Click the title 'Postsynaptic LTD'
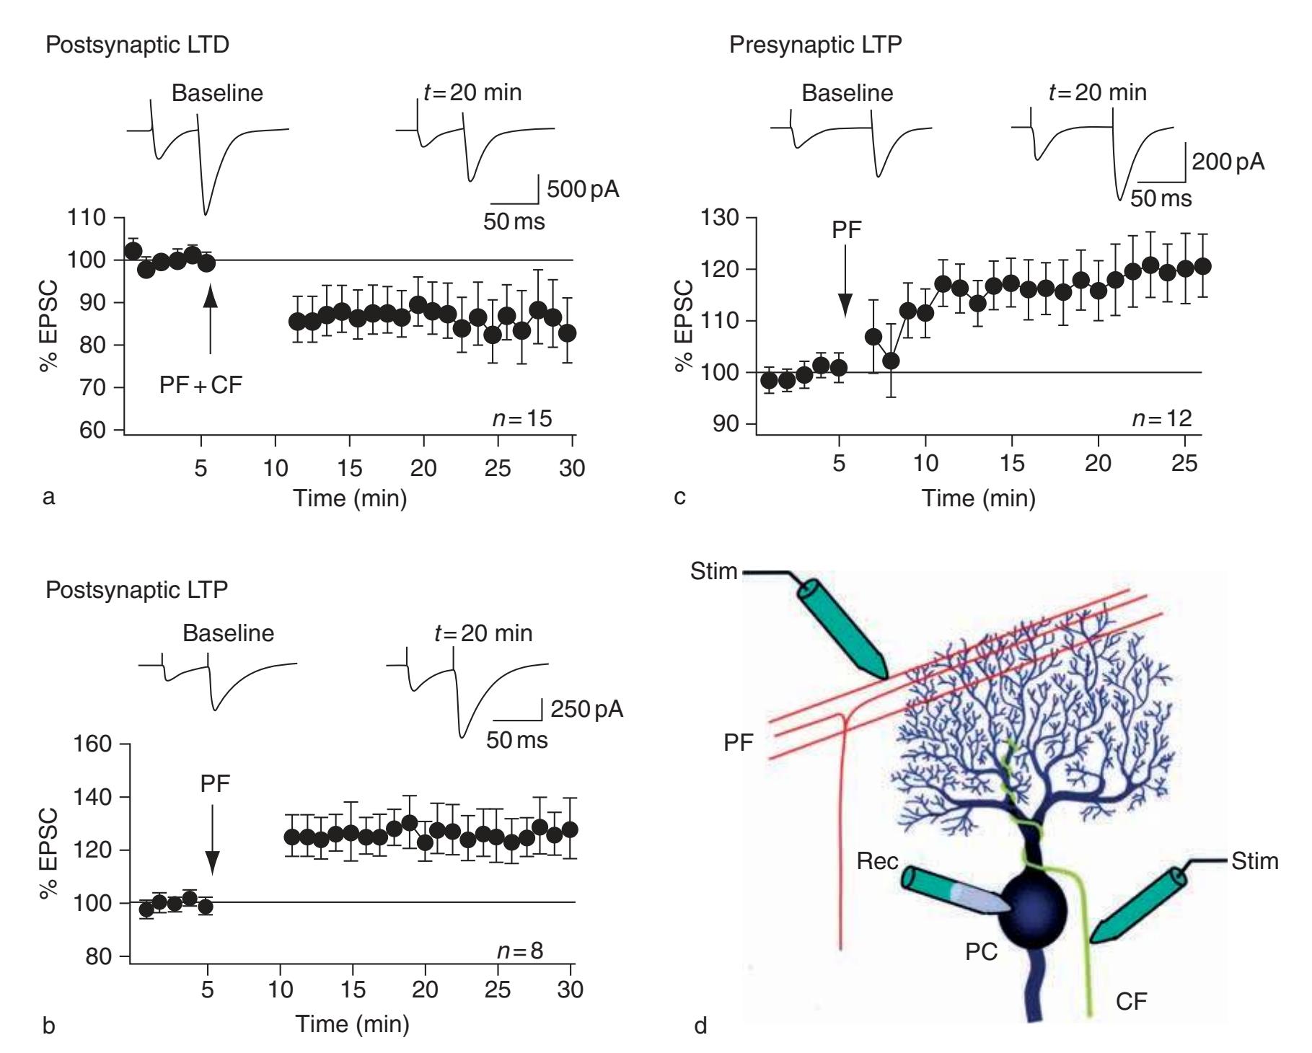[137, 45]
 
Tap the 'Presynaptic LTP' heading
[815, 45]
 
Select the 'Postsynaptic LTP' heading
[137, 589]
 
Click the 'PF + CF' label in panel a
[201, 385]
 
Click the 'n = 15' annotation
[522, 418]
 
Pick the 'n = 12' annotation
[1161, 418]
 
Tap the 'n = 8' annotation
[521, 951]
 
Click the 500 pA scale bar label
[583, 190]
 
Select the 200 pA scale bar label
[1228, 162]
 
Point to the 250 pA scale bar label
[587, 709]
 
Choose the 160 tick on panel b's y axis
[94, 744]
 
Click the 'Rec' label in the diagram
[877, 861]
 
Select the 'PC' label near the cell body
[981, 952]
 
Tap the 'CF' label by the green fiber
[1131, 1001]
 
